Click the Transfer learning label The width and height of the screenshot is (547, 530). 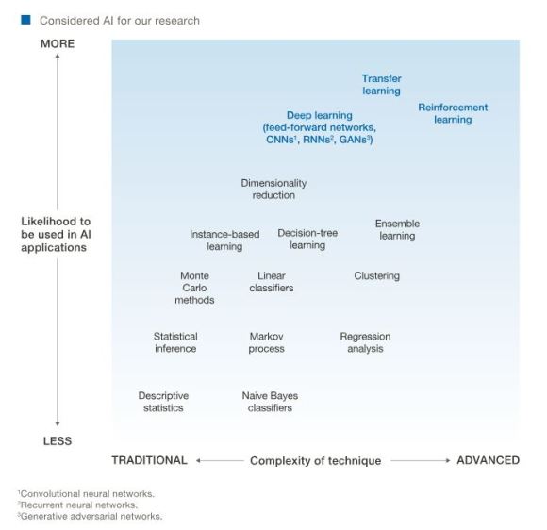coord(381,85)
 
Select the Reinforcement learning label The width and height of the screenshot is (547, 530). coord(453,114)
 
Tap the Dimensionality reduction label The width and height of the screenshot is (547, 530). coord(273,189)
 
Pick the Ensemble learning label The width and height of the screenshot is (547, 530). coord(397,230)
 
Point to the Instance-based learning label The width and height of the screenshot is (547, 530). coord(224,240)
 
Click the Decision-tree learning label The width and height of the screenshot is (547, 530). coord(307,239)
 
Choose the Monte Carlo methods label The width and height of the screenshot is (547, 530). coord(194,288)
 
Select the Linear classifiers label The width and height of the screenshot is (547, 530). coord(272,282)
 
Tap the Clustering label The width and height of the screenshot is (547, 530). coord(376,276)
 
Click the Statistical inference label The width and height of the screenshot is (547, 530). coord(175,342)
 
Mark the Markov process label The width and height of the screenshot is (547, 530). coord(267,342)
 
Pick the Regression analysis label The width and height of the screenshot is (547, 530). coord(365,342)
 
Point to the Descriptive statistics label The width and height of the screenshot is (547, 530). coord(163,402)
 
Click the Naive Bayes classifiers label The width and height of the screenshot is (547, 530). coord(267,402)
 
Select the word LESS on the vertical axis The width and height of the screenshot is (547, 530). coord(57,440)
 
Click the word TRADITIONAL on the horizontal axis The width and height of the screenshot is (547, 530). coord(149,460)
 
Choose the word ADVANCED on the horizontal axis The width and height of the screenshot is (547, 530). coord(488,460)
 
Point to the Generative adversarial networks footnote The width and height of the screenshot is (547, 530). coord(91,516)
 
